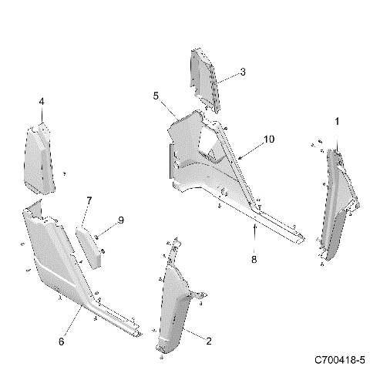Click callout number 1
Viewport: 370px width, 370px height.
(336, 122)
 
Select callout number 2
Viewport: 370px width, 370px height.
(207, 339)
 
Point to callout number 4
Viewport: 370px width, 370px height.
(42, 102)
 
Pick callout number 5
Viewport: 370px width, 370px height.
(156, 96)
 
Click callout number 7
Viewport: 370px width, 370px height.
(89, 201)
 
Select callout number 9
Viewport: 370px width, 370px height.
(120, 220)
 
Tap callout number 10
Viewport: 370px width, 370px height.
(268, 140)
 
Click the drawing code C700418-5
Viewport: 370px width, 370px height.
(339, 360)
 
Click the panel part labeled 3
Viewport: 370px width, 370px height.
(203, 77)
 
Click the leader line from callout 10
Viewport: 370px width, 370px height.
(251, 149)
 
